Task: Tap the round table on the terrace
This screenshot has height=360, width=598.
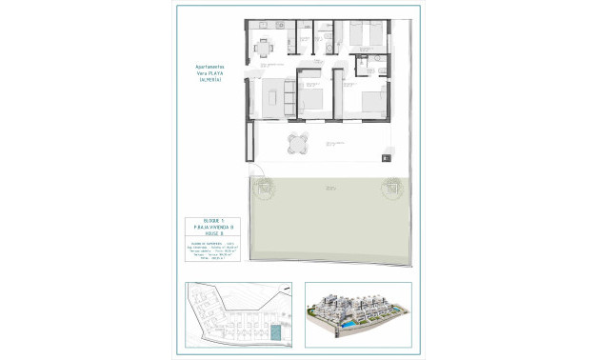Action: coord(298,144)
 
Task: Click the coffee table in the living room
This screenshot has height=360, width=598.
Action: coord(273,96)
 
